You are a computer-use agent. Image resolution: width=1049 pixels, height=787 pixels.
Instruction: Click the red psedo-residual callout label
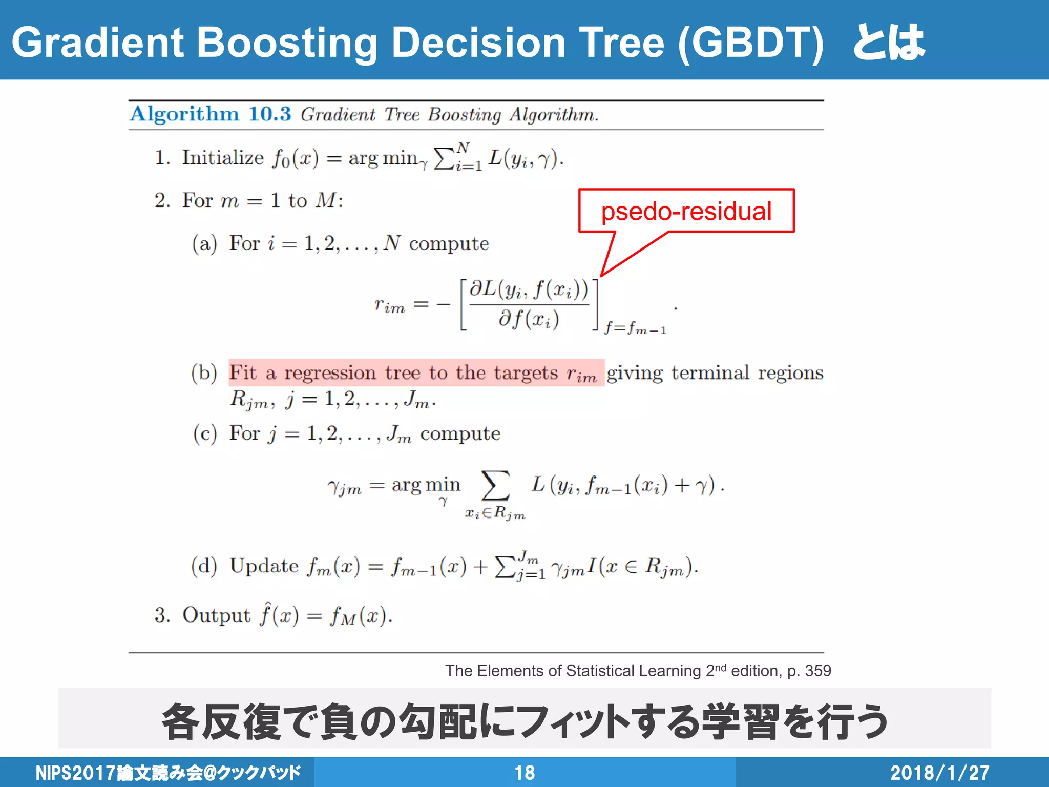coord(686,211)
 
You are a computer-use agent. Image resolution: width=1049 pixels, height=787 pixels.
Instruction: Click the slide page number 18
coord(524,773)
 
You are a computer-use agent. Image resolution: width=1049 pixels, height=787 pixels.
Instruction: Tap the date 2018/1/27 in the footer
coord(939,773)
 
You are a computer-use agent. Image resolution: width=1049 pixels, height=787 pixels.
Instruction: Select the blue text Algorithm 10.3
coord(210,114)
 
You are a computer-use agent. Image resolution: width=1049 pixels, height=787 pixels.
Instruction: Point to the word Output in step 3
coord(216,615)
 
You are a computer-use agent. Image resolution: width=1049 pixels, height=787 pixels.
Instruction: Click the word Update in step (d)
coord(264,566)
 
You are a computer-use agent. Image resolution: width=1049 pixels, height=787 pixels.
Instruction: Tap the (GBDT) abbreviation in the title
coord(750,42)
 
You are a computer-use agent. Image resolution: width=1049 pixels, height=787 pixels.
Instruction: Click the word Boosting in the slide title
coord(287,42)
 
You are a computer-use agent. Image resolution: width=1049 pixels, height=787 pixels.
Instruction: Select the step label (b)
coord(204,372)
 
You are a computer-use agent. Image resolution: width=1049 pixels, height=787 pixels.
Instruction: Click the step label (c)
coord(205,433)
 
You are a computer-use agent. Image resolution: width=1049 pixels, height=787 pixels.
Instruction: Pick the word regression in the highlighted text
coord(330,372)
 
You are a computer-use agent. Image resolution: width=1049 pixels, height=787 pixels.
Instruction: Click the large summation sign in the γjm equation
coord(495,485)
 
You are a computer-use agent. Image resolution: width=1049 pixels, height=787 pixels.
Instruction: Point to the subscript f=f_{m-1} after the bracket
coord(635,328)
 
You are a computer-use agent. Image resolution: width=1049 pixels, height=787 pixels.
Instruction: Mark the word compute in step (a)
coord(449,244)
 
